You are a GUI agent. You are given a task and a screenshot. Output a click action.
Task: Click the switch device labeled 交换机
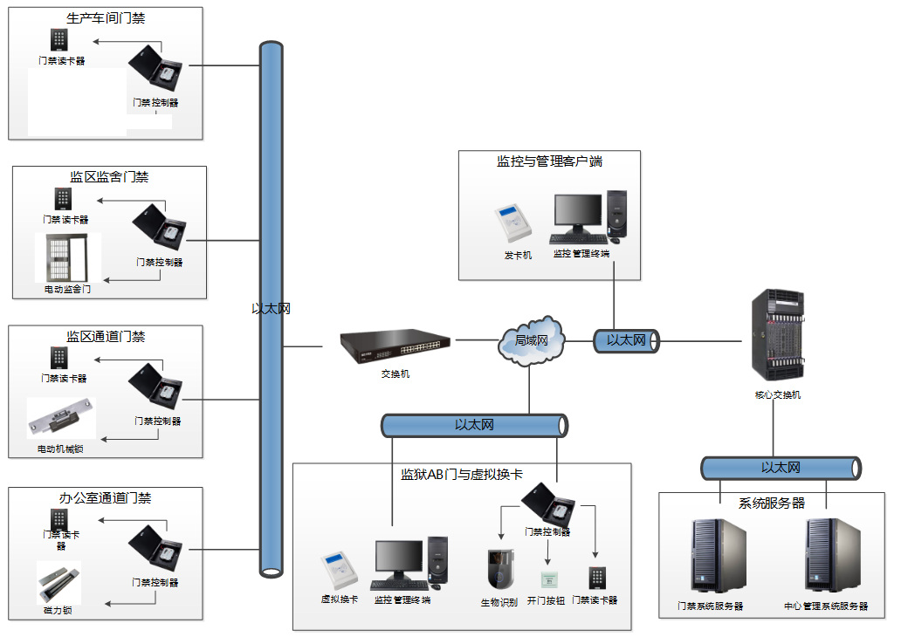coord(395,348)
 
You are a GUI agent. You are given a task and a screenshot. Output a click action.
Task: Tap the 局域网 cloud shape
coord(532,340)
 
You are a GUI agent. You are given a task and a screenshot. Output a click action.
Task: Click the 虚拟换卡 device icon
coord(339,572)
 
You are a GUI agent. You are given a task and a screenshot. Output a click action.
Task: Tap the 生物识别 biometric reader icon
coord(501,570)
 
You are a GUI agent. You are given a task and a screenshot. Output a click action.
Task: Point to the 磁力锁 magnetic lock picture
coord(58,581)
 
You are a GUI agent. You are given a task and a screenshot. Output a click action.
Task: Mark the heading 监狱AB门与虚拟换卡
coord(461,475)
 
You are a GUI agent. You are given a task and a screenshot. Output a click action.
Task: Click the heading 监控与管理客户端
coord(549,161)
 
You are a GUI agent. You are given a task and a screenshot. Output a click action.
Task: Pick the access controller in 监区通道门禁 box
coord(155,384)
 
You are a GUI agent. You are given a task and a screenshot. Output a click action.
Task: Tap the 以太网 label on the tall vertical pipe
coord(271,308)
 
